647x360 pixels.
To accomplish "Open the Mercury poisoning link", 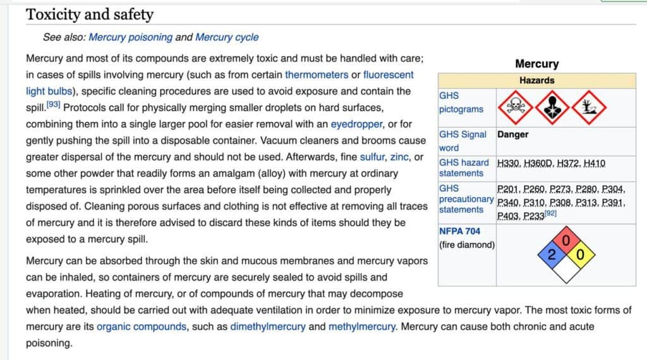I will pyautogui.click(x=130, y=37).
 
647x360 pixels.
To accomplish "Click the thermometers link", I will pyautogui.click(x=317, y=75).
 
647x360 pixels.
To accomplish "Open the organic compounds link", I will pyautogui.click(x=142, y=327).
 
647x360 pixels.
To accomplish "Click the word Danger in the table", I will pyautogui.click(x=512, y=135).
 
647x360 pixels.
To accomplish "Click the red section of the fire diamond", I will pyautogui.click(x=565, y=241).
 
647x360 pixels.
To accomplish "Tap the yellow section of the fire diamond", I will pyautogui.click(x=581, y=255).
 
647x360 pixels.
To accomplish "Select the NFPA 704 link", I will pyautogui.click(x=459, y=231).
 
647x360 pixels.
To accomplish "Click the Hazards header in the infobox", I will pyautogui.click(x=536, y=80).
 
